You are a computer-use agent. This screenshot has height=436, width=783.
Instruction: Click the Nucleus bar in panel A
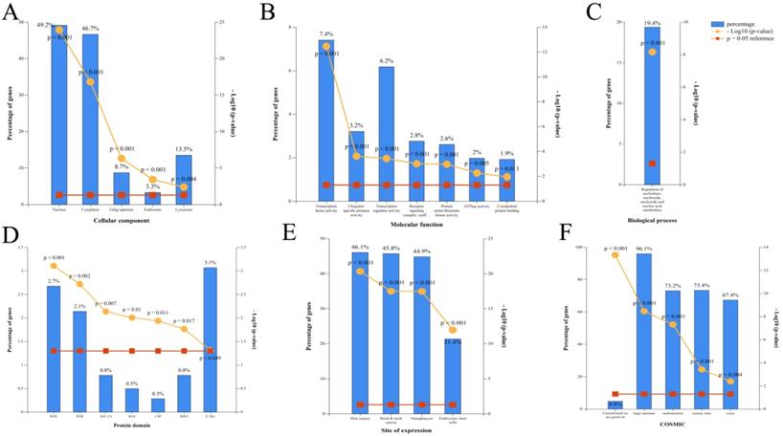(x=59, y=115)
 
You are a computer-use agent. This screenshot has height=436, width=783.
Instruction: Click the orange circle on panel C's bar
(x=653, y=52)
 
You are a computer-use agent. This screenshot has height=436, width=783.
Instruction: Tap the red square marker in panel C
(x=653, y=163)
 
